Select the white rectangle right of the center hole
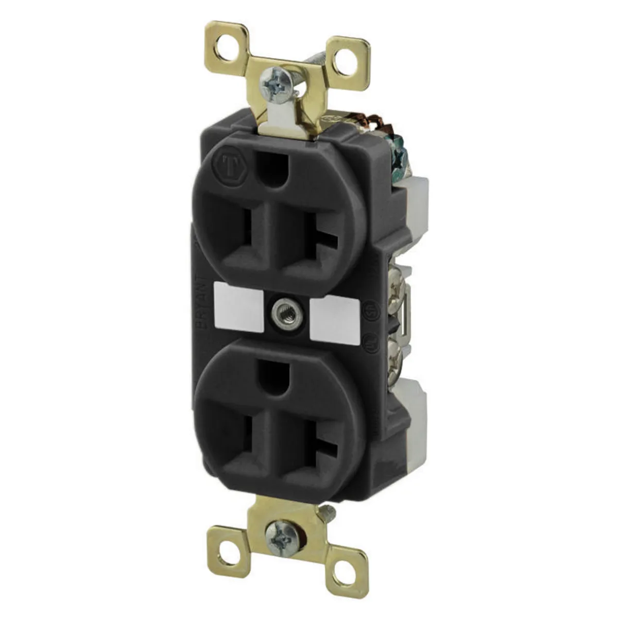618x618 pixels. click(x=334, y=318)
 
